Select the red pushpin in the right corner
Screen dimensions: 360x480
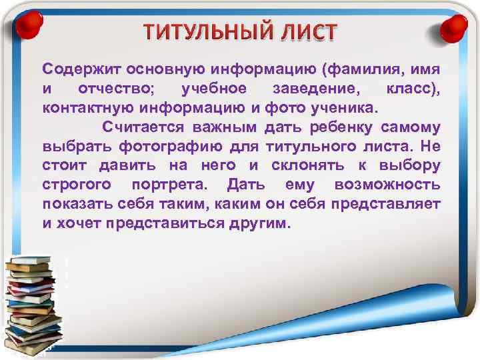(455, 28)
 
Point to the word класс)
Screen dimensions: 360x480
(413, 89)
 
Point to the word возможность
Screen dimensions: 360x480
(387, 185)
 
